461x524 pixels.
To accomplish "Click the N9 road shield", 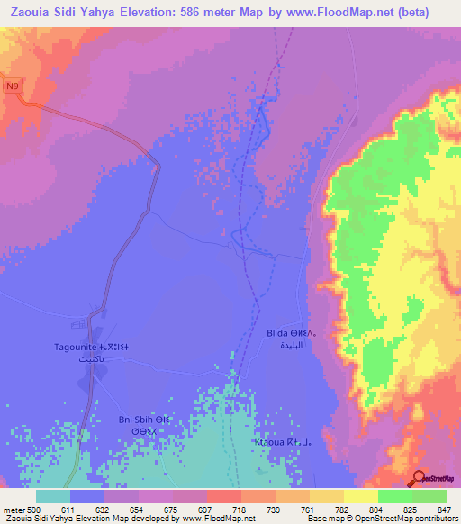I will (x=12, y=86).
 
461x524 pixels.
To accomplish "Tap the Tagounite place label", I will (x=91, y=346).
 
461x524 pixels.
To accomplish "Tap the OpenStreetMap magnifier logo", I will (x=420, y=478).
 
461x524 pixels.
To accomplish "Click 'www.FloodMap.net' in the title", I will (x=329, y=13).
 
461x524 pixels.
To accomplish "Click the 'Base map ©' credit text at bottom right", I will (x=331, y=519).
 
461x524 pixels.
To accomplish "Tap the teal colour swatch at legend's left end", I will (x=53, y=496).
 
